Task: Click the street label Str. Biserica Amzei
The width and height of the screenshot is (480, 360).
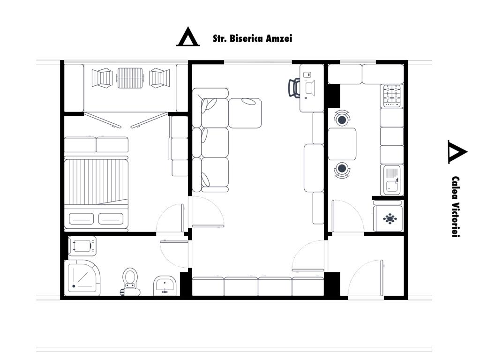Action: [252, 38]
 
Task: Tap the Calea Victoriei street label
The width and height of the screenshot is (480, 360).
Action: [456, 207]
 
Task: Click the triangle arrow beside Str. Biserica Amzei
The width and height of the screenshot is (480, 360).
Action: [187, 37]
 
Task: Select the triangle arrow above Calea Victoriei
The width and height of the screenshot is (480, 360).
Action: [457, 152]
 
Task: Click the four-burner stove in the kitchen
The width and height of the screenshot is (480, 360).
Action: [392, 96]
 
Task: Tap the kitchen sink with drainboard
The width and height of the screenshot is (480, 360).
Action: [392, 180]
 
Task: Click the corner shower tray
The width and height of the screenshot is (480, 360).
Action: [82, 277]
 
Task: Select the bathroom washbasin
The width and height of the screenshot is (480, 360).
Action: [165, 285]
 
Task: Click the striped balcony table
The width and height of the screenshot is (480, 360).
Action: [130, 78]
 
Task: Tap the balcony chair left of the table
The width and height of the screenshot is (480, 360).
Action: [102, 78]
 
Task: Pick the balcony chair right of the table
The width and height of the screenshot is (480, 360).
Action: [159, 78]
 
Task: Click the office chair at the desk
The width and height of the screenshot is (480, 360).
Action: [294, 87]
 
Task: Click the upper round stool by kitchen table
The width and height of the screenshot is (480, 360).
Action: [342, 119]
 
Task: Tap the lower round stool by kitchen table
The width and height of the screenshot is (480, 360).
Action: [342, 169]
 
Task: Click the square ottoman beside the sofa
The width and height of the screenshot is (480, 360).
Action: [245, 113]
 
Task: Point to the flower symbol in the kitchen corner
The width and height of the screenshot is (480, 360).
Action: [390, 219]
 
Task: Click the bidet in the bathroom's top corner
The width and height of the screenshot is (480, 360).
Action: [82, 246]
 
